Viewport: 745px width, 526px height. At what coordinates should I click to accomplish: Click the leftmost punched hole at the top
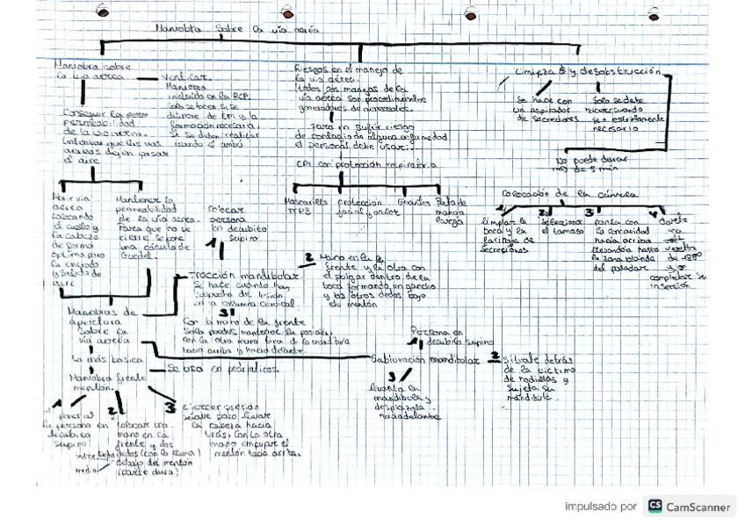(x=103, y=13)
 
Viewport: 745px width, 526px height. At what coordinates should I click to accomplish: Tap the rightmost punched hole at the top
(x=653, y=14)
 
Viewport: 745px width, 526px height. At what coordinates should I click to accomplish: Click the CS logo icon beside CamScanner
(x=655, y=507)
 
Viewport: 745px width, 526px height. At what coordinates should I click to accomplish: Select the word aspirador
(x=532, y=110)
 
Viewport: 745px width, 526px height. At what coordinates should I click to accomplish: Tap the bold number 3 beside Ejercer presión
(x=170, y=407)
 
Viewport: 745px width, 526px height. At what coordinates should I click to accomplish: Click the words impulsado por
(x=601, y=507)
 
